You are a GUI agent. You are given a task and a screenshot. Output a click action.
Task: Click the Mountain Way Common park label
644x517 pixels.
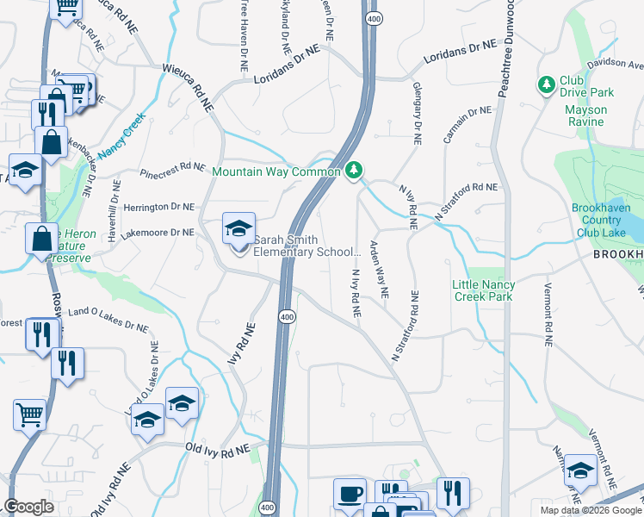click(276, 172)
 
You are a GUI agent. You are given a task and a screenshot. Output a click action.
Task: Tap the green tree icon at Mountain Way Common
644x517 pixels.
click(353, 171)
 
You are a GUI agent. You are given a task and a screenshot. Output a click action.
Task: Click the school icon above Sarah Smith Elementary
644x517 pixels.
click(238, 228)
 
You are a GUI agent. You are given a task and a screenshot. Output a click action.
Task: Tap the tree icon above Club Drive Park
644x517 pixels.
click(545, 84)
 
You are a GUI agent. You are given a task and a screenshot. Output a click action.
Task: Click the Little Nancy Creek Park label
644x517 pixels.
click(483, 290)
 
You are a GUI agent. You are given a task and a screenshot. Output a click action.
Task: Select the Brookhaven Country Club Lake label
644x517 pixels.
click(606, 220)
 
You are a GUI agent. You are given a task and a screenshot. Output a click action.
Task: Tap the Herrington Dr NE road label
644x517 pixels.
click(158, 208)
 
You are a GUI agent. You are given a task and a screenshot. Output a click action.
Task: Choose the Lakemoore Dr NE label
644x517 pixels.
click(158, 233)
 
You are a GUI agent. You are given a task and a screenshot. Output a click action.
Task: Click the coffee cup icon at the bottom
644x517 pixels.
click(350, 495)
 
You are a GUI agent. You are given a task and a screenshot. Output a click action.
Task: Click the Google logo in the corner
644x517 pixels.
click(29, 507)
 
